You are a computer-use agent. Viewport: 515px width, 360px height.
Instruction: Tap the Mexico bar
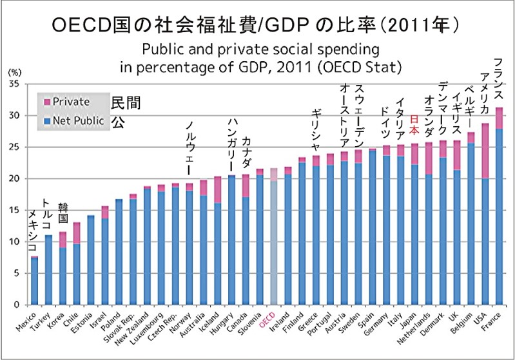[35, 281]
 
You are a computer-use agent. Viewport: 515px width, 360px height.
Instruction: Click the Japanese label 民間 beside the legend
[126, 102]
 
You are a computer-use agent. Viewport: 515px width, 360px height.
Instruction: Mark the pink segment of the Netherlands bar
[428, 158]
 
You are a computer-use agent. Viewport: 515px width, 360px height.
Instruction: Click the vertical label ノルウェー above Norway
[189, 147]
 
